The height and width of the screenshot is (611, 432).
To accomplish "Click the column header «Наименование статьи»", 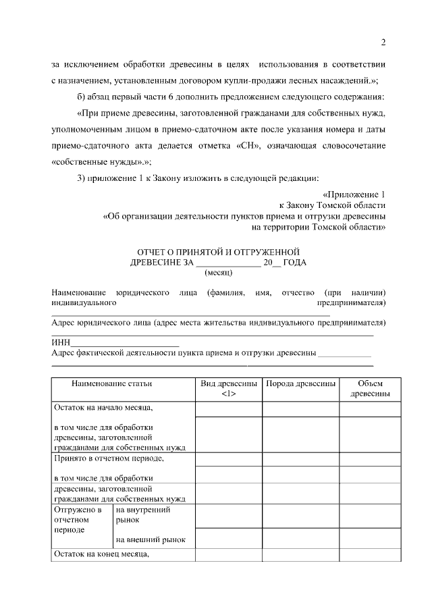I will (x=111, y=383).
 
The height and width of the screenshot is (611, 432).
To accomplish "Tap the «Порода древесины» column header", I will (x=300, y=383).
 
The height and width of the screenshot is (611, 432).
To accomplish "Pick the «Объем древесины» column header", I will (x=364, y=388).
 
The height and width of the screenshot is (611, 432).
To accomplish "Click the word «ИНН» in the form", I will (x=61, y=341).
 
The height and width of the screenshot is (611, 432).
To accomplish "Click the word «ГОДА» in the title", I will (x=294, y=263).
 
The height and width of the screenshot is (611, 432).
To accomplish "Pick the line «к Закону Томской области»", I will (x=332, y=205).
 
